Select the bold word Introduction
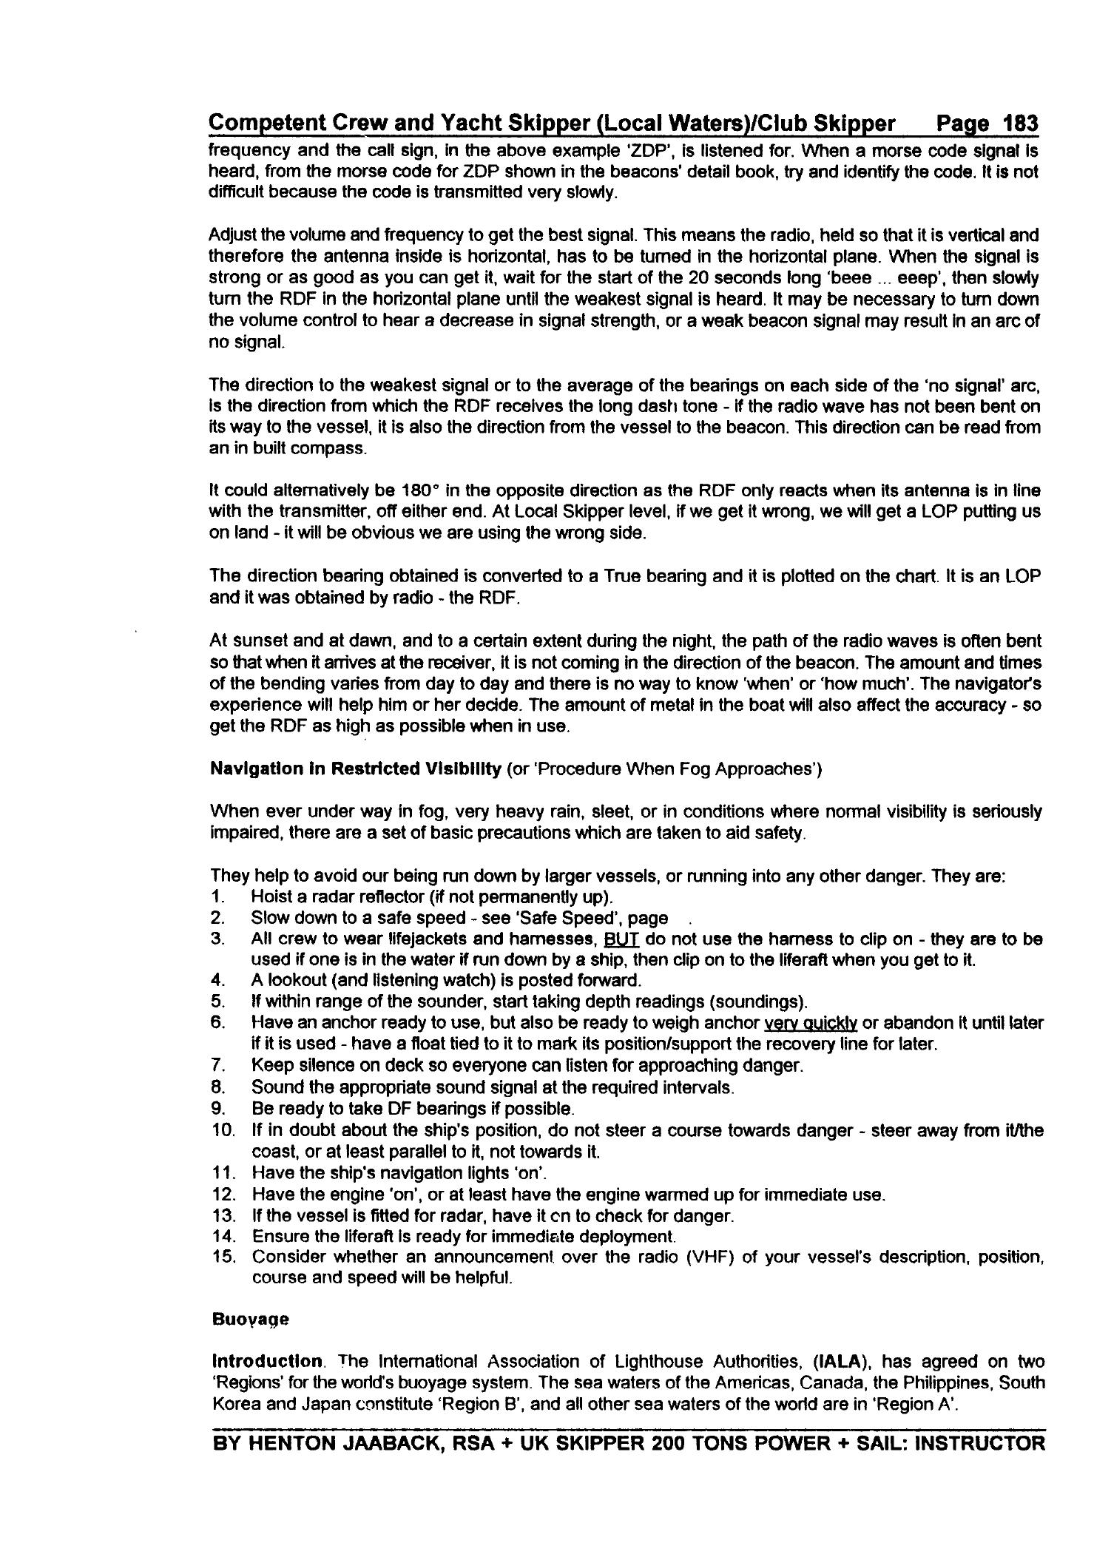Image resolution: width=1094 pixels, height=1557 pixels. tap(266, 1362)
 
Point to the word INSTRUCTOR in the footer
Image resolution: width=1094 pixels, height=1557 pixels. tap(979, 1444)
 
